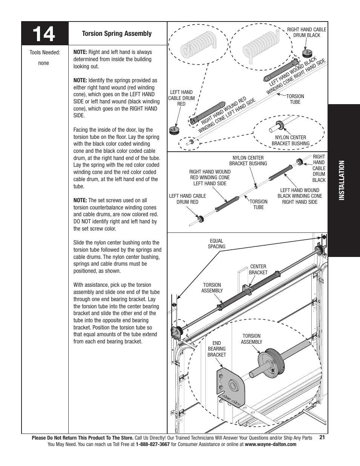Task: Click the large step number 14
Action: click(x=44, y=34)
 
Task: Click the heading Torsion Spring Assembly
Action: click(x=117, y=34)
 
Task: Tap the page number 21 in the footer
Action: click(x=322, y=437)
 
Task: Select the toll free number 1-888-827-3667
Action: click(x=152, y=444)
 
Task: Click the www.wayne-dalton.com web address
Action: click(x=271, y=444)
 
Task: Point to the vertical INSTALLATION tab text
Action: click(x=343, y=181)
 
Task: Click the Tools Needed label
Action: click(x=45, y=52)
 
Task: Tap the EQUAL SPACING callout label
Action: click(x=217, y=244)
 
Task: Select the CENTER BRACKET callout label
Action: click(x=258, y=269)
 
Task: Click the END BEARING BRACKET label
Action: click(x=217, y=349)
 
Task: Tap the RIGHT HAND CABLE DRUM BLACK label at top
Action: click(x=306, y=32)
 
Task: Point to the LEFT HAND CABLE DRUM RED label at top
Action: click(x=182, y=98)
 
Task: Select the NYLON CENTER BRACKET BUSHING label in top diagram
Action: click(x=290, y=140)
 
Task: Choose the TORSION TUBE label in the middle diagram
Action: click(x=258, y=204)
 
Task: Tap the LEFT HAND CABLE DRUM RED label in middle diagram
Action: click(x=188, y=199)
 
